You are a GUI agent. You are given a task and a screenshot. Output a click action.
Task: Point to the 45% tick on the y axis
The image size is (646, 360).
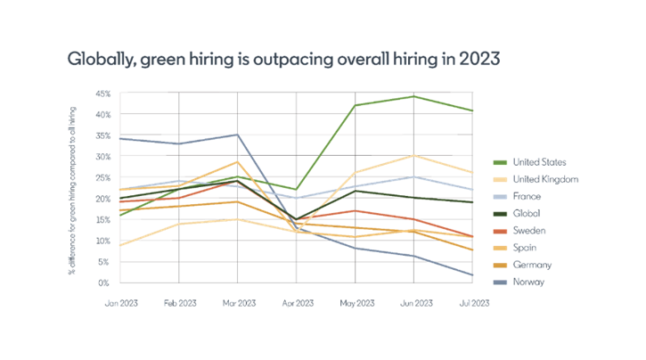tap(103, 93)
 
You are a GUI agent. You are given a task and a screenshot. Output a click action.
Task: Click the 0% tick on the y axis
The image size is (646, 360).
tap(105, 284)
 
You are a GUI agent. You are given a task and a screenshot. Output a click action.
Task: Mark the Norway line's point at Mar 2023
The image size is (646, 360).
tap(237, 135)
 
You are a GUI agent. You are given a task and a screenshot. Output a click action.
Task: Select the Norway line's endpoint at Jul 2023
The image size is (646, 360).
tap(472, 275)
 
